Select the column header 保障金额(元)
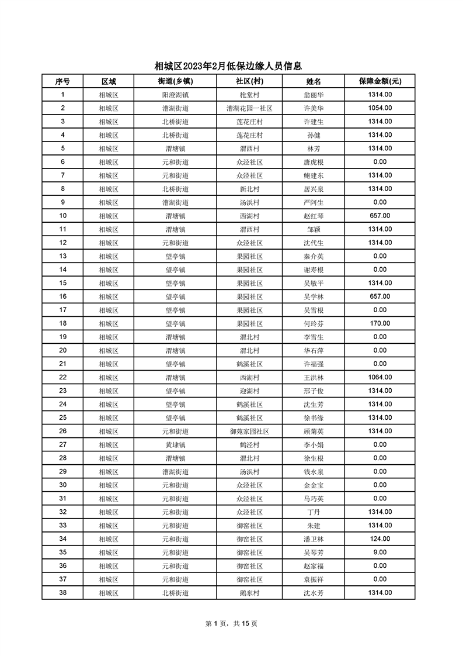[x=380, y=81]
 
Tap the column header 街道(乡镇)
[x=175, y=81]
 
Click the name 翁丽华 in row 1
[x=314, y=95]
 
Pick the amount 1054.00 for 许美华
[x=380, y=108]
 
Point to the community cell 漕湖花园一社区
[x=249, y=108]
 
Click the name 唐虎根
[x=314, y=162]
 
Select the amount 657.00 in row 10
[x=380, y=216]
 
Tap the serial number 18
[x=62, y=323]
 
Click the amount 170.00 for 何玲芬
[x=380, y=323]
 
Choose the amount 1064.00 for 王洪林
[x=380, y=377]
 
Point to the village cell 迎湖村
[x=249, y=391]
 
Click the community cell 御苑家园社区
[x=249, y=431]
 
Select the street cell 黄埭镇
[x=175, y=444]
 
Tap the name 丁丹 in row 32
[x=314, y=512]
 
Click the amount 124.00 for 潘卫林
[x=380, y=538]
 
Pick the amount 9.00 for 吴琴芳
[x=380, y=552]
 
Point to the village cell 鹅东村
[x=249, y=592]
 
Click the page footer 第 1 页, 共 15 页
[x=231, y=623]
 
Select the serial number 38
[x=62, y=592]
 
